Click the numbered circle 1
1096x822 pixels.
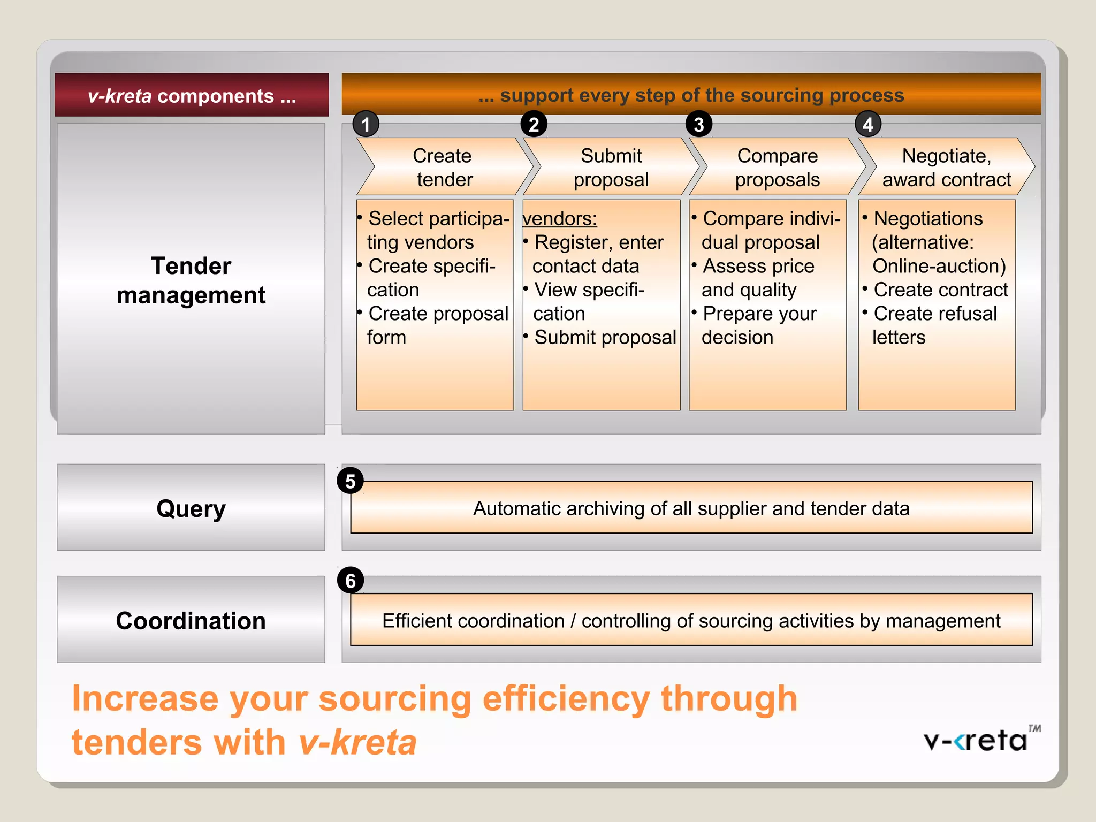[366, 124]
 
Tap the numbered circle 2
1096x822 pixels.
[534, 124]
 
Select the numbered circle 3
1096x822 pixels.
[698, 124]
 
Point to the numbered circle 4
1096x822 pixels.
[867, 124]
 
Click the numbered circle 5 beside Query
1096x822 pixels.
[350, 481]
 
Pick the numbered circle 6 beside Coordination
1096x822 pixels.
[350, 580]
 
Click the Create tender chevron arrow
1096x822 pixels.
[443, 167]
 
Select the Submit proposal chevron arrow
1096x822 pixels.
[611, 167]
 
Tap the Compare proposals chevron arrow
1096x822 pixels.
[777, 167]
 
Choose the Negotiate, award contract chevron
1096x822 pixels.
[946, 167]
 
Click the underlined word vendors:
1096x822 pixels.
[560, 218]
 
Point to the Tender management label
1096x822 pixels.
[191, 280]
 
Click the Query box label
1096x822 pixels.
[191, 508]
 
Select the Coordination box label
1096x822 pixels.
[191, 620]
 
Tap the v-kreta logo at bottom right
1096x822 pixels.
[979, 740]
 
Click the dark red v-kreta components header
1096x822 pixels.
[192, 95]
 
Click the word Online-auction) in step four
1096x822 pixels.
[939, 266]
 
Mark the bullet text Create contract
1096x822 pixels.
[940, 290]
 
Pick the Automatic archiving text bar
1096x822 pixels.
[691, 508]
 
